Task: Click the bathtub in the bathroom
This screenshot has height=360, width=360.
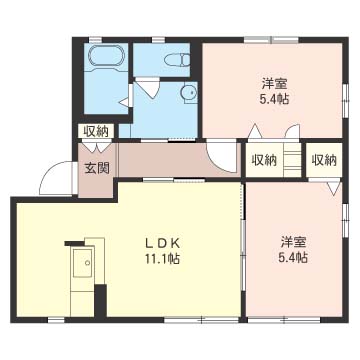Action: (x=104, y=58)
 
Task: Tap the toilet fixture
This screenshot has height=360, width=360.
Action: (x=177, y=59)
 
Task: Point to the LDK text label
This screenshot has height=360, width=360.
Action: (x=163, y=244)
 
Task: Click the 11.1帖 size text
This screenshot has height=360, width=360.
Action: (x=162, y=258)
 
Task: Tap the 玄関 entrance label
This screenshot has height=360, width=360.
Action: (x=97, y=169)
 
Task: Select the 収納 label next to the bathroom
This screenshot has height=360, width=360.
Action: (x=96, y=131)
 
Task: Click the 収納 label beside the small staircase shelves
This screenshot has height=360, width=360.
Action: (x=264, y=160)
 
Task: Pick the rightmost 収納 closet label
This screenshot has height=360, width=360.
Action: (x=324, y=160)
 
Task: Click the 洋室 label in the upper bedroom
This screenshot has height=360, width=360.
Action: (x=275, y=84)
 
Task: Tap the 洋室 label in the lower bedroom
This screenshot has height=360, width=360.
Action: (x=293, y=242)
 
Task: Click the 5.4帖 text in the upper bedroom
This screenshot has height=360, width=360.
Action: (x=274, y=99)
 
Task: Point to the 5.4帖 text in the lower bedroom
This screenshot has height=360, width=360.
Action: (x=293, y=258)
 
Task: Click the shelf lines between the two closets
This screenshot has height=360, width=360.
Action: (x=292, y=160)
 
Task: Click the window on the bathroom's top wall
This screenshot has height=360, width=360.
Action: (x=95, y=40)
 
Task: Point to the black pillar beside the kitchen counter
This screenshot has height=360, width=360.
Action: (x=101, y=300)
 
